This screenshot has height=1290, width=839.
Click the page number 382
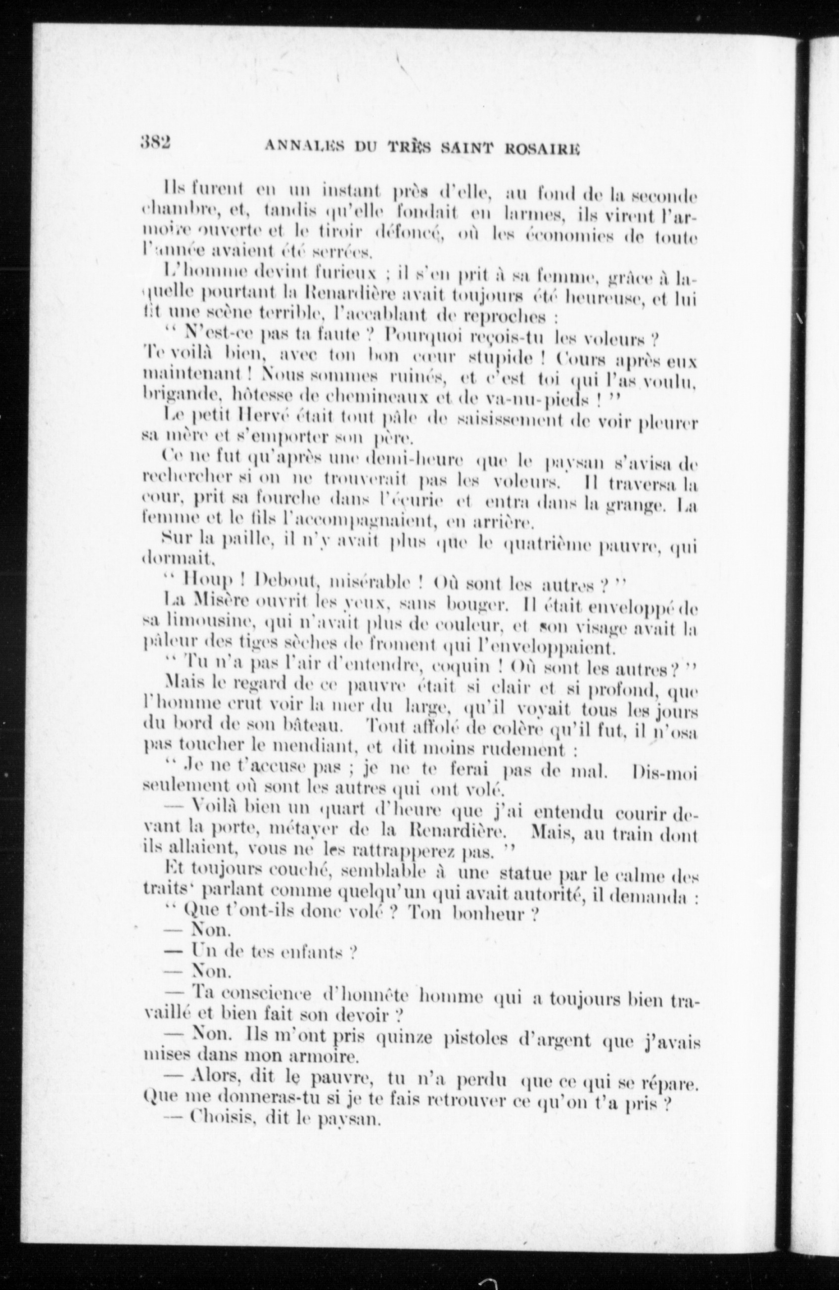point(155,142)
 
